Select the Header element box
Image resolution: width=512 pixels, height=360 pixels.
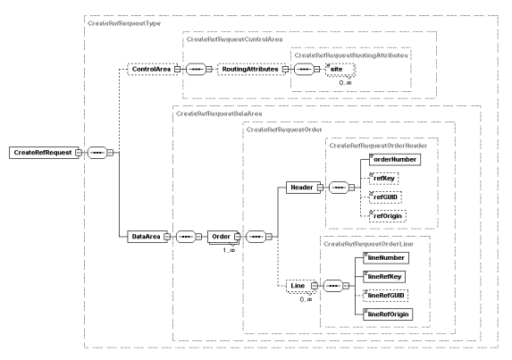[299, 188]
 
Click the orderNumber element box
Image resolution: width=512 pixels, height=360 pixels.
[390, 159]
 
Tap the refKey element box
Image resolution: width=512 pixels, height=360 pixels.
[382, 179]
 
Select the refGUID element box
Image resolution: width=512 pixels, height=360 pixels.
[384, 198]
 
